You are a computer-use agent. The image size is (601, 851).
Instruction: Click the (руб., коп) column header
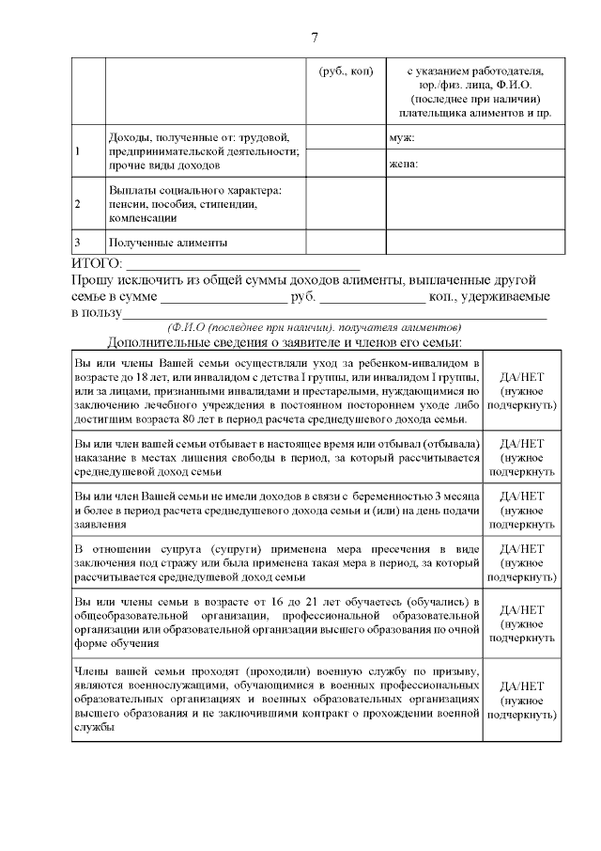(x=346, y=71)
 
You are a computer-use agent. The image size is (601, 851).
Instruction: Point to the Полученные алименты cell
(x=168, y=242)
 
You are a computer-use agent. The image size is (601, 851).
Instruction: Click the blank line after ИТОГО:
(x=242, y=267)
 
